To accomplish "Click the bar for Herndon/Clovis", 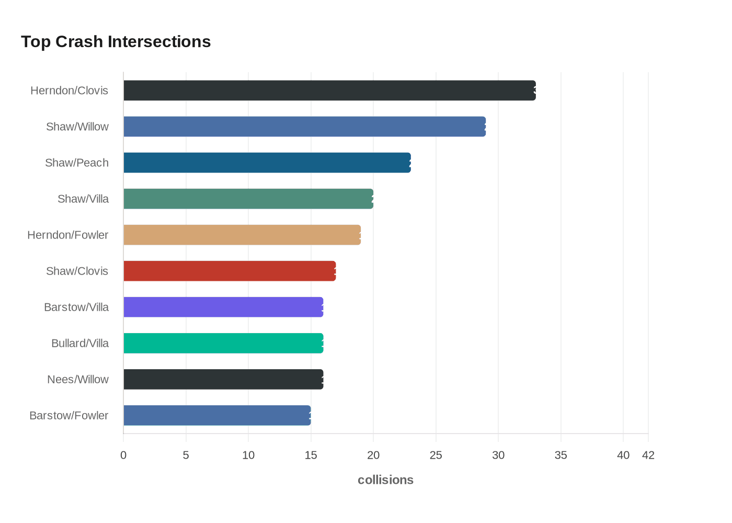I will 329,90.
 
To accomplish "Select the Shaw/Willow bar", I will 304,127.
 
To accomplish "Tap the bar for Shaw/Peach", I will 267,163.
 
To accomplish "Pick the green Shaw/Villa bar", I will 248,199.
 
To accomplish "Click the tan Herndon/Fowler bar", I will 242,235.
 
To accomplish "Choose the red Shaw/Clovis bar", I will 230,271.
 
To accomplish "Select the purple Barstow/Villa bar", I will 223,307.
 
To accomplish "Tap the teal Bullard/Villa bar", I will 223,343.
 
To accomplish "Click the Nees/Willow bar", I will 223,379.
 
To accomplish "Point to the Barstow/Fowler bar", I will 217,415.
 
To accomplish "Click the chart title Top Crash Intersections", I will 116,42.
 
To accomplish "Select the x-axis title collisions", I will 385,480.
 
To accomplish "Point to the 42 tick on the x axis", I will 648,456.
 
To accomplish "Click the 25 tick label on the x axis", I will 436,456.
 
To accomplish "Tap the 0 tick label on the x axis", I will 123,456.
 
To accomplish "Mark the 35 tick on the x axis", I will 561,456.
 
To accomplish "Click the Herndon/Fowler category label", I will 68,235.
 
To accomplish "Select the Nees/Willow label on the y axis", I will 78,380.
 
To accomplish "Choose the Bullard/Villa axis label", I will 80,344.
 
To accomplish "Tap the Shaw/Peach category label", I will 77,163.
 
